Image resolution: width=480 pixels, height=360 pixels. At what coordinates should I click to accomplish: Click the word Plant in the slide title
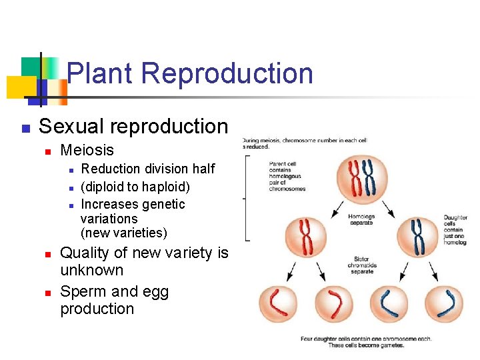coord(101,73)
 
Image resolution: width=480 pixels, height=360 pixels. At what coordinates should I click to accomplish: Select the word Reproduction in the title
coord(227,73)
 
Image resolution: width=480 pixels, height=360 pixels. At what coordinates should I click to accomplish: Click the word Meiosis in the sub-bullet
coord(87,151)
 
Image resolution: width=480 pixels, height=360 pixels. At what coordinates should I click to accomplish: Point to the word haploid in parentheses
coord(163,187)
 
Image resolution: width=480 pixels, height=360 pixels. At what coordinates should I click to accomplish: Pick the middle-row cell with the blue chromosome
coord(419,237)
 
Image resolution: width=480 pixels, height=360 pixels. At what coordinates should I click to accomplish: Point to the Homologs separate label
coord(361,220)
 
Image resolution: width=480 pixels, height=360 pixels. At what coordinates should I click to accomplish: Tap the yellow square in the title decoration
coord(20,87)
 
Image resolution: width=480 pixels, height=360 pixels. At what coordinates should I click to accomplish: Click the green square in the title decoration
coord(31,67)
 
